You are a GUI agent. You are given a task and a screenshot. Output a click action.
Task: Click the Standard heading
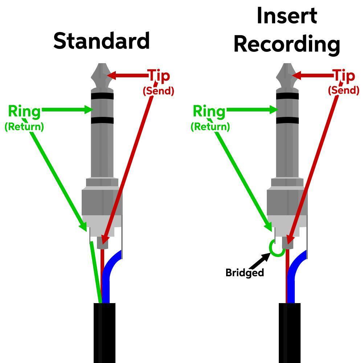[x=102, y=41]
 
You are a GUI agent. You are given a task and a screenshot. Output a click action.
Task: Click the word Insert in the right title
[x=287, y=16]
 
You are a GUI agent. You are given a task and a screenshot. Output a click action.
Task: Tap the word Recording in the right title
[x=287, y=44]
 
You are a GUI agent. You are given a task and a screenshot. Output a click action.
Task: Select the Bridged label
[x=244, y=273]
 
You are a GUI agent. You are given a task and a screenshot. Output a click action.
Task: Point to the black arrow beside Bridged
[x=261, y=260]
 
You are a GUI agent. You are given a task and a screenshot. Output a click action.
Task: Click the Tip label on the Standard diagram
[x=159, y=76]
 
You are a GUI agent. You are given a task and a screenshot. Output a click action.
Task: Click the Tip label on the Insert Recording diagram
[x=344, y=76]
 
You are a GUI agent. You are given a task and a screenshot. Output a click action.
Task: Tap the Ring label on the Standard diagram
[x=24, y=111]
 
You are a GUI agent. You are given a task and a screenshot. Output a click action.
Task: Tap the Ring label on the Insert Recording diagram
[x=209, y=111]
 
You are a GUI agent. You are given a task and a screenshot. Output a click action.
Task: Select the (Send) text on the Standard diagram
[x=158, y=91]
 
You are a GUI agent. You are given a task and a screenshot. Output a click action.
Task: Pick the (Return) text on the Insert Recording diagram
[x=210, y=126]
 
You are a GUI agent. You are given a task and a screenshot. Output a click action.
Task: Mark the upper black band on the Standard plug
[x=102, y=97]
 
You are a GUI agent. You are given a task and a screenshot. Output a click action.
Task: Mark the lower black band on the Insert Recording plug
[x=287, y=121]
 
